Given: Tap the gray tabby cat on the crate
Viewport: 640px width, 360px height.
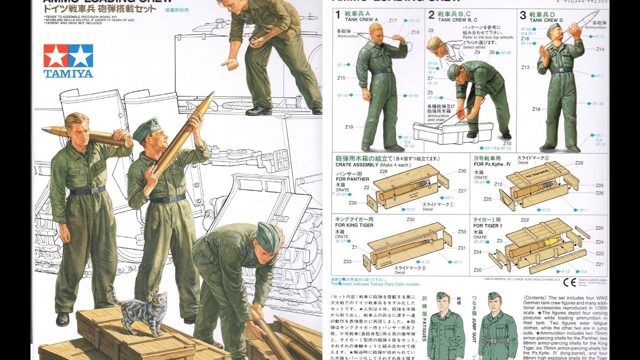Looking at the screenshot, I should click(142, 310).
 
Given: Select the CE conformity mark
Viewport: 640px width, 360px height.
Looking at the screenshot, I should click(569, 282).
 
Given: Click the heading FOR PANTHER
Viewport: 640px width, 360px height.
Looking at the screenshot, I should click(352, 179).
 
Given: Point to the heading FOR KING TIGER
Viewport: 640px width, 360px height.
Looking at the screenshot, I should click(354, 225).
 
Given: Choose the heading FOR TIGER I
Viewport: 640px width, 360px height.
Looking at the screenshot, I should click(487, 225).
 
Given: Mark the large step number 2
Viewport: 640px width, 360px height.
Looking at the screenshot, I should click(431, 15).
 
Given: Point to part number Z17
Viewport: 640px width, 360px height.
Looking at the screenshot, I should click(393, 20).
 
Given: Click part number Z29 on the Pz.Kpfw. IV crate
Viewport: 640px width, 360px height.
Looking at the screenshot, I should click(579, 163).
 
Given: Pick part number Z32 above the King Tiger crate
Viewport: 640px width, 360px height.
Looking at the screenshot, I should click(410, 219).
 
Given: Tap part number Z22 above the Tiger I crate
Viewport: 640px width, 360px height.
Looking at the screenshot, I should click(524, 220).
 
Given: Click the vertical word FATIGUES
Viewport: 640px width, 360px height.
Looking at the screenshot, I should click(424, 324).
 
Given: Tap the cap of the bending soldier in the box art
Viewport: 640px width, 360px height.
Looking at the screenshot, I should click(267, 236).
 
